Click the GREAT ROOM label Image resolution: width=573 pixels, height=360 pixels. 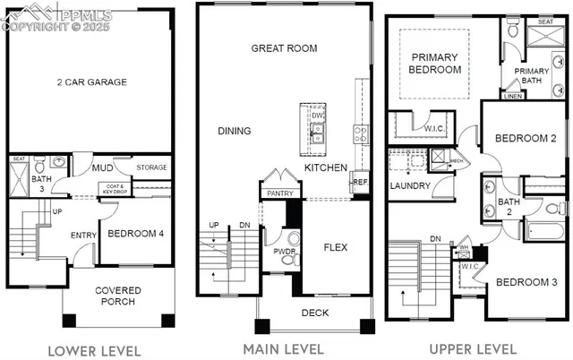tap(284, 48)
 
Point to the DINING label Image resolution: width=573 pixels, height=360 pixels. tap(234, 131)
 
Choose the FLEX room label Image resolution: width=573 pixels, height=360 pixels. tap(335, 247)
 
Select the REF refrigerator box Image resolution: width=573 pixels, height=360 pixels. tap(360, 181)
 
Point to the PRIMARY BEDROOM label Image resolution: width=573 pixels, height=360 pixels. tap(433, 64)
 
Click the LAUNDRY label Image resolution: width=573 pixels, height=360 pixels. tap(410, 186)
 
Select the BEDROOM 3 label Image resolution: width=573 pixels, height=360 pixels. tap(526, 283)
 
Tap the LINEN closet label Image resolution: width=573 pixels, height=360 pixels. tap(514, 96)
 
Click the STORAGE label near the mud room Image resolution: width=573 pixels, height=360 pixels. tap(151, 167)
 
